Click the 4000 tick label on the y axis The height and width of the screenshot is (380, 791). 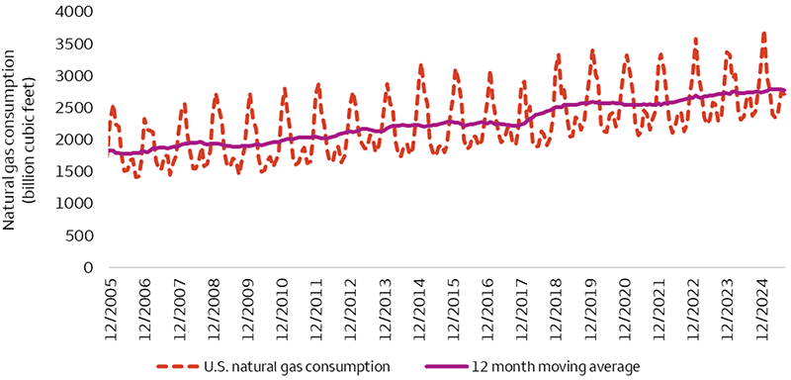(80, 12)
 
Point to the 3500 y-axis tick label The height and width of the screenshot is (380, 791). (80, 44)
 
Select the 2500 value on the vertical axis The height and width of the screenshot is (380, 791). (80, 107)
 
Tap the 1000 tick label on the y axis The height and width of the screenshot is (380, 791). (80, 203)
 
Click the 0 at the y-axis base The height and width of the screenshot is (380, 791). (90, 267)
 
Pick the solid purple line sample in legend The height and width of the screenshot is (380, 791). (445, 364)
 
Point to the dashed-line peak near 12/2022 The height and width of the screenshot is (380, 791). (695, 40)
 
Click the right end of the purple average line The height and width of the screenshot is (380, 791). (785, 90)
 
